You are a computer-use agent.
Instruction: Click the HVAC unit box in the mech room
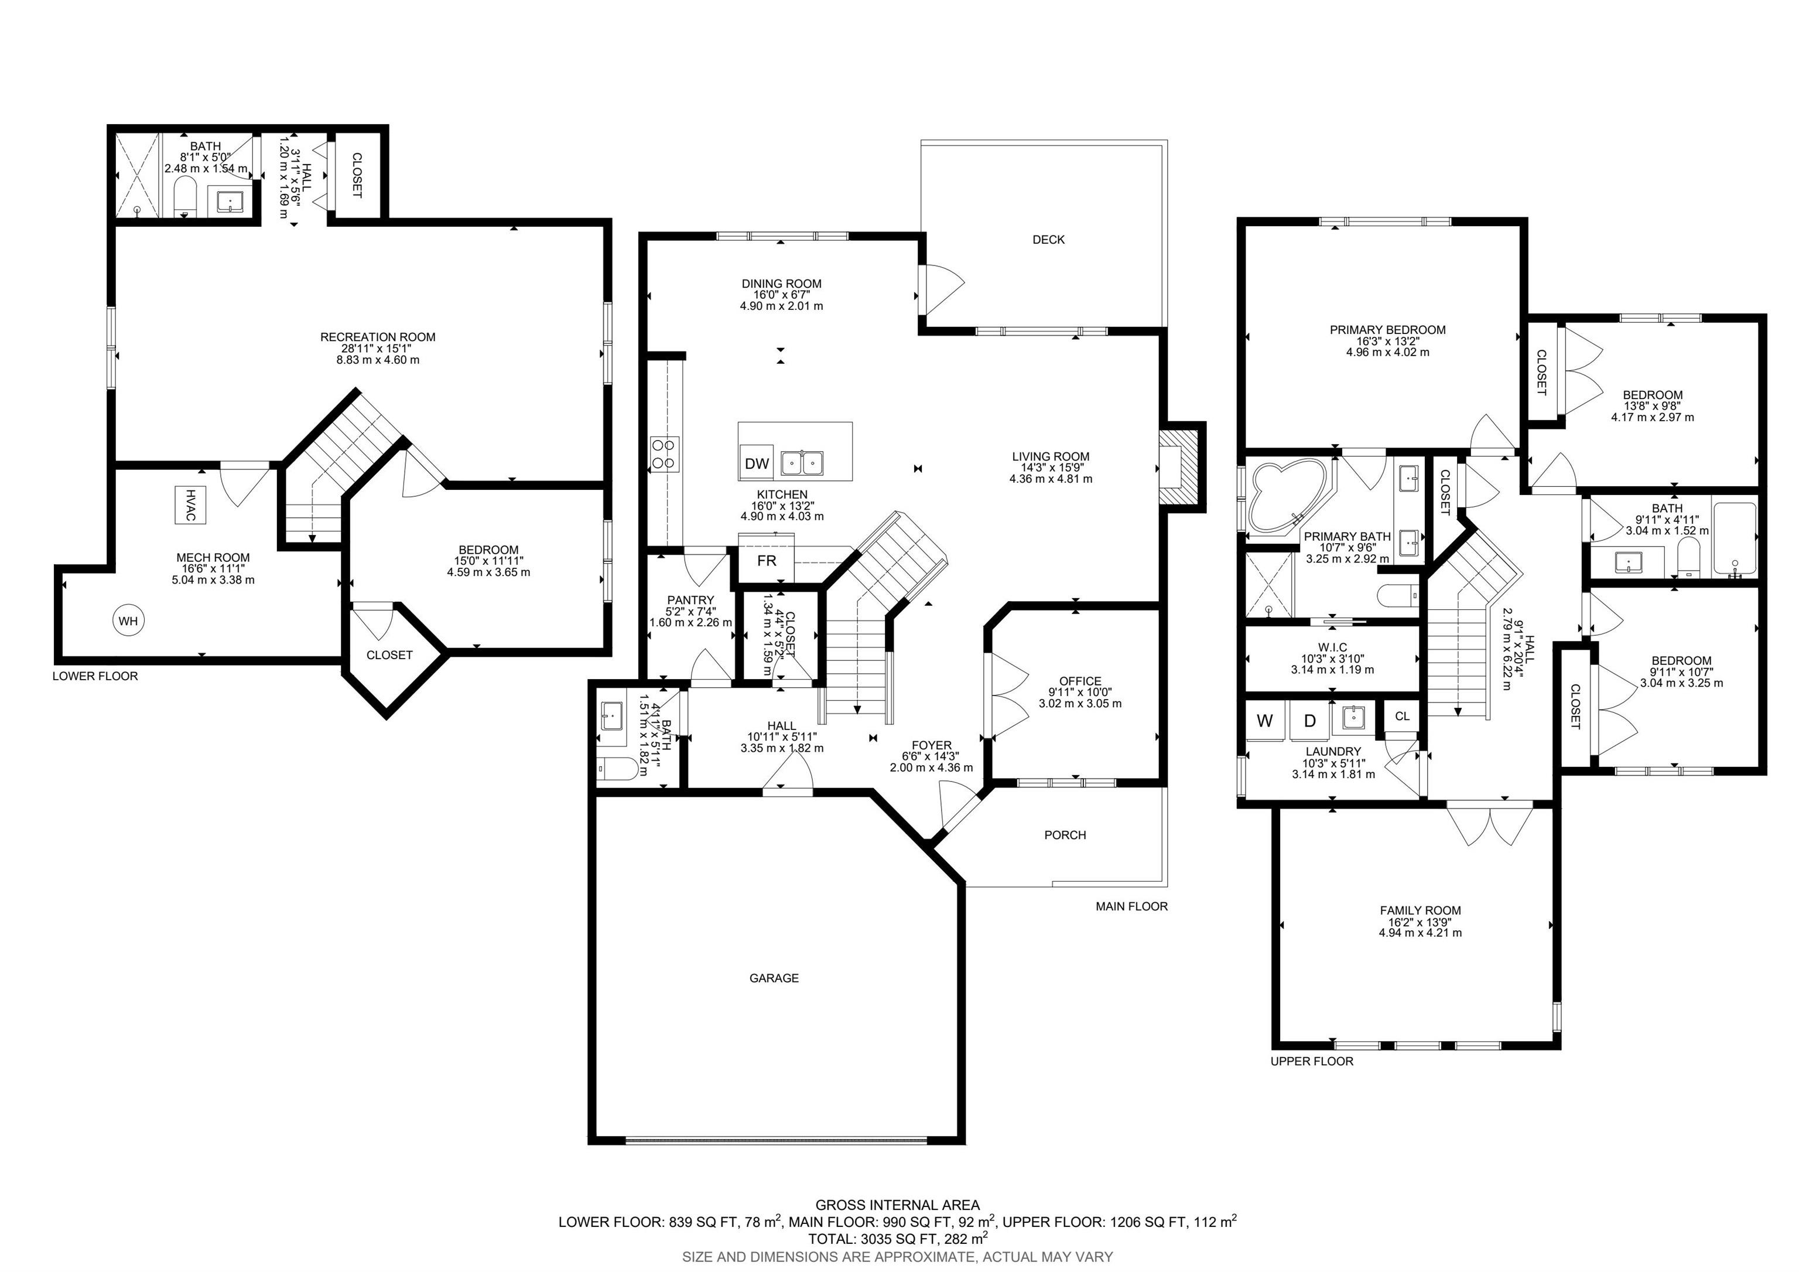pos(190,506)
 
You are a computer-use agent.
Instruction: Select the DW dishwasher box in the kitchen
pos(757,463)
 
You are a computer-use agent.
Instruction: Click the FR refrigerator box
pos(767,560)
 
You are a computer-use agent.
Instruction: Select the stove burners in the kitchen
pos(665,453)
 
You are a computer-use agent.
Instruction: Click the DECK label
pos(1048,240)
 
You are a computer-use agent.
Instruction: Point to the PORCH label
pos(1065,836)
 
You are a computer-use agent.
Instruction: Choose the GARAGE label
pos(774,978)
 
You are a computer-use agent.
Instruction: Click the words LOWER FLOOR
pos(95,676)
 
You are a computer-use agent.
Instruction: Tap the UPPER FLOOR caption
pos(1312,1061)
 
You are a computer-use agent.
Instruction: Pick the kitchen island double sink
pos(802,463)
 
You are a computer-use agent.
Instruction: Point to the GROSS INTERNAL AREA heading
pos(897,1205)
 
